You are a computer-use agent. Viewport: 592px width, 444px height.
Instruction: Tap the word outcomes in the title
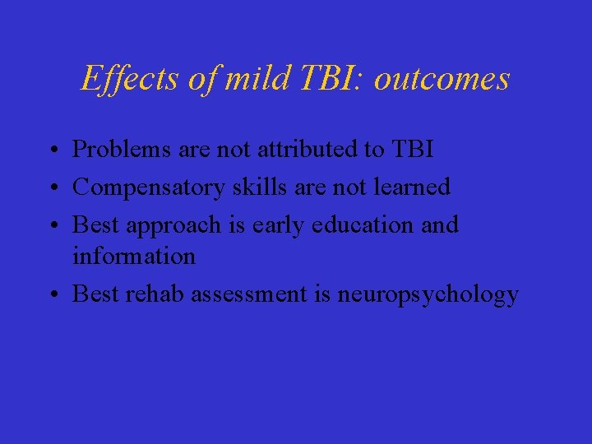[x=445, y=79]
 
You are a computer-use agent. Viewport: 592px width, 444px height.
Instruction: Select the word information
[x=134, y=256]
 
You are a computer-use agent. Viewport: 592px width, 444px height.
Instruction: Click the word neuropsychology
[x=428, y=294]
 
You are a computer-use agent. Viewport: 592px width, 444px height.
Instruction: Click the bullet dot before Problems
[x=52, y=150]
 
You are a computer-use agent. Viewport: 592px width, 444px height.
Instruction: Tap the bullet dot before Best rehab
[x=52, y=295]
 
